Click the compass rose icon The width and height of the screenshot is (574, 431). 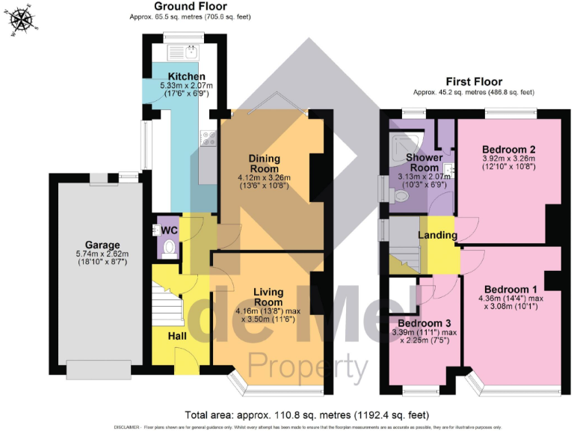pos(21,20)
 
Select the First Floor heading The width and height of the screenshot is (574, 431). pos(474,82)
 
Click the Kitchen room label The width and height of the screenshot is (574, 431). pos(187,77)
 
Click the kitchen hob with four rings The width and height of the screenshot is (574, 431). pos(207,138)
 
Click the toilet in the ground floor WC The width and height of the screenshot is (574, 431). pos(168,247)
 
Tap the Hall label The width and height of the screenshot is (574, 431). pos(177,336)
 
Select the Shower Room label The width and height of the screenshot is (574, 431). pos(424,162)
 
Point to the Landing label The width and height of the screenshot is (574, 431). pos(437,236)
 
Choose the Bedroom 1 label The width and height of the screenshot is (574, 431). pos(510,290)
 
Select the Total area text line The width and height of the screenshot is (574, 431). pos(306,414)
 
